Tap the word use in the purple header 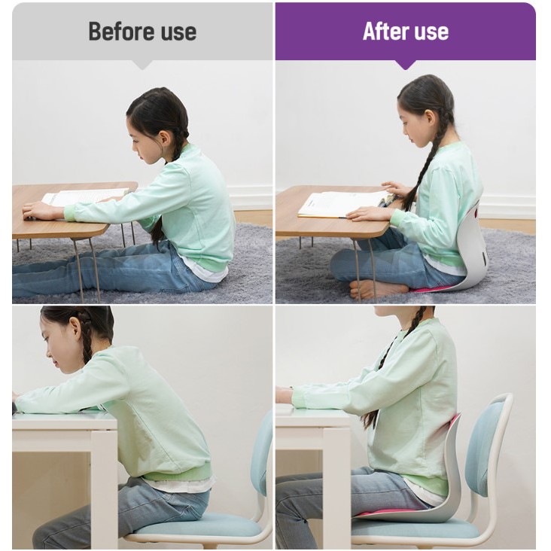click(431, 32)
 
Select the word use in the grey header click(178, 32)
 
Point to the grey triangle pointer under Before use click(142, 65)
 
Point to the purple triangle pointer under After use click(406, 65)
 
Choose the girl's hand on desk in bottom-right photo click(284, 395)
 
